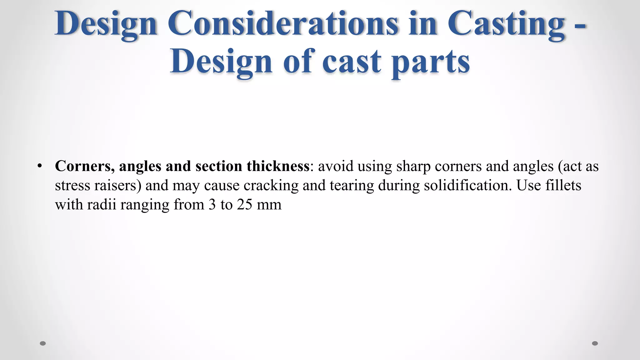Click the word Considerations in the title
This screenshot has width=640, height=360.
click(x=283, y=24)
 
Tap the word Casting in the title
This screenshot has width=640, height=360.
click(x=506, y=24)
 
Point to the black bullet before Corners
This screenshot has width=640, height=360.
click(x=39, y=166)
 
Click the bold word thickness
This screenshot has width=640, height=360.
click(x=278, y=166)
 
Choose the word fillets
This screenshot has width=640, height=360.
click(x=563, y=185)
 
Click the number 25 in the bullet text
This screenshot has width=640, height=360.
click(x=244, y=205)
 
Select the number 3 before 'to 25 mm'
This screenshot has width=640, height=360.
click(x=212, y=205)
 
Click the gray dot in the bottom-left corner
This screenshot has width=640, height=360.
click(x=43, y=343)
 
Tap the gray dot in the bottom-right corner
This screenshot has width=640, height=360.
click(x=595, y=343)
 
